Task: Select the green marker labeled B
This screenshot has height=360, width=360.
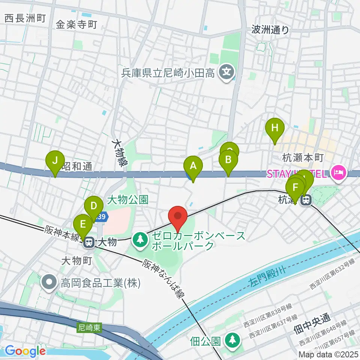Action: tap(228, 161)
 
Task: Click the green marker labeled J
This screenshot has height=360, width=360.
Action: tap(55, 162)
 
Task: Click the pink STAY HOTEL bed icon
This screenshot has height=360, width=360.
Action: tap(338, 174)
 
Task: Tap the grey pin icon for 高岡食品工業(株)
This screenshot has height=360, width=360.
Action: tap(49, 281)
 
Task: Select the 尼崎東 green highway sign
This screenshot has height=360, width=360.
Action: tap(90, 327)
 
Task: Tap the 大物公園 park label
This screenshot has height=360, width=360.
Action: tap(127, 199)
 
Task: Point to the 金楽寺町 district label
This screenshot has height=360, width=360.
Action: tap(76, 25)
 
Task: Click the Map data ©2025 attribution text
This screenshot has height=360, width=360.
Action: tap(328, 354)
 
